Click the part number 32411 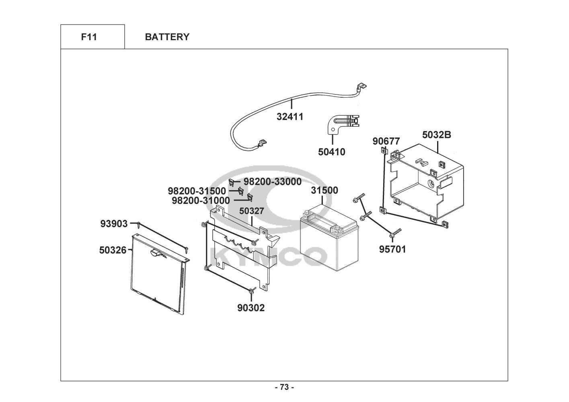(x=290, y=117)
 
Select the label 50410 (x=331, y=152)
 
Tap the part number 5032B (x=436, y=135)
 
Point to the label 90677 (x=386, y=142)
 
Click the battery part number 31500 (x=325, y=191)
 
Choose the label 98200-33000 (x=272, y=182)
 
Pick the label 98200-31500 (x=197, y=191)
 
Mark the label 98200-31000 (x=201, y=200)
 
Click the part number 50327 (x=251, y=211)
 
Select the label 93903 (x=114, y=224)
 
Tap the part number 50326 (x=113, y=250)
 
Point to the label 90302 (x=251, y=308)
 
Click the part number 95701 (x=392, y=250)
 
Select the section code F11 (x=89, y=37)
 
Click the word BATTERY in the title (x=167, y=37)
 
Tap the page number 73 (x=284, y=387)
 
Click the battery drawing (x=329, y=241)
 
